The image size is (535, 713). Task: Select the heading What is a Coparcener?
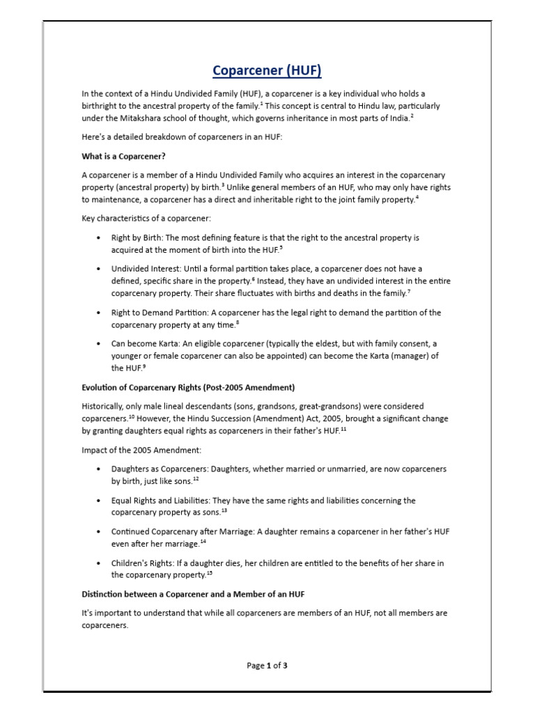(123, 155)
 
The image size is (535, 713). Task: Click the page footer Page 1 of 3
(267, 666)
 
